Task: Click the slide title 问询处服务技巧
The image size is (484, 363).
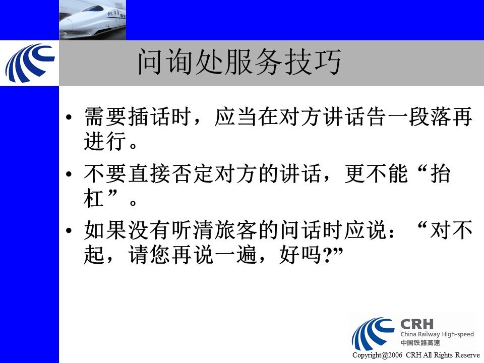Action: tap(239, 62)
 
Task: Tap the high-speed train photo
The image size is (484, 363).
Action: tap(93, 20)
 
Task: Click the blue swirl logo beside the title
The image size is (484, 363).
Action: tap(30, 63)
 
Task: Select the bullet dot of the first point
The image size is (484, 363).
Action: tap(69, 117)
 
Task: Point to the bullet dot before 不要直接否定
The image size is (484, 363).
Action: tap(69, 174)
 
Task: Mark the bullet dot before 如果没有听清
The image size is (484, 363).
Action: tap(69, 230)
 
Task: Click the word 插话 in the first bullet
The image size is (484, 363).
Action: tap(149, 117)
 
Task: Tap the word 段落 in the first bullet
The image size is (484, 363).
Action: tap(430, 117)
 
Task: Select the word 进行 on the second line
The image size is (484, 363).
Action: tap(105, 141)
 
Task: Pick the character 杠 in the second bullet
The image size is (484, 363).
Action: tap(94, 198)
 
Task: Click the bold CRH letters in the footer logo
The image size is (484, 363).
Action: tap(417, 324)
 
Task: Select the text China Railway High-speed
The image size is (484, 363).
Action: tap(437, 334)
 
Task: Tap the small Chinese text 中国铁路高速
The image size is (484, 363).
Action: tap(420, 343)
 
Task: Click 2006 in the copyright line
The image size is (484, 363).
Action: tap(395, 355)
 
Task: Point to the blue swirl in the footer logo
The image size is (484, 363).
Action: tap(372, 333)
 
